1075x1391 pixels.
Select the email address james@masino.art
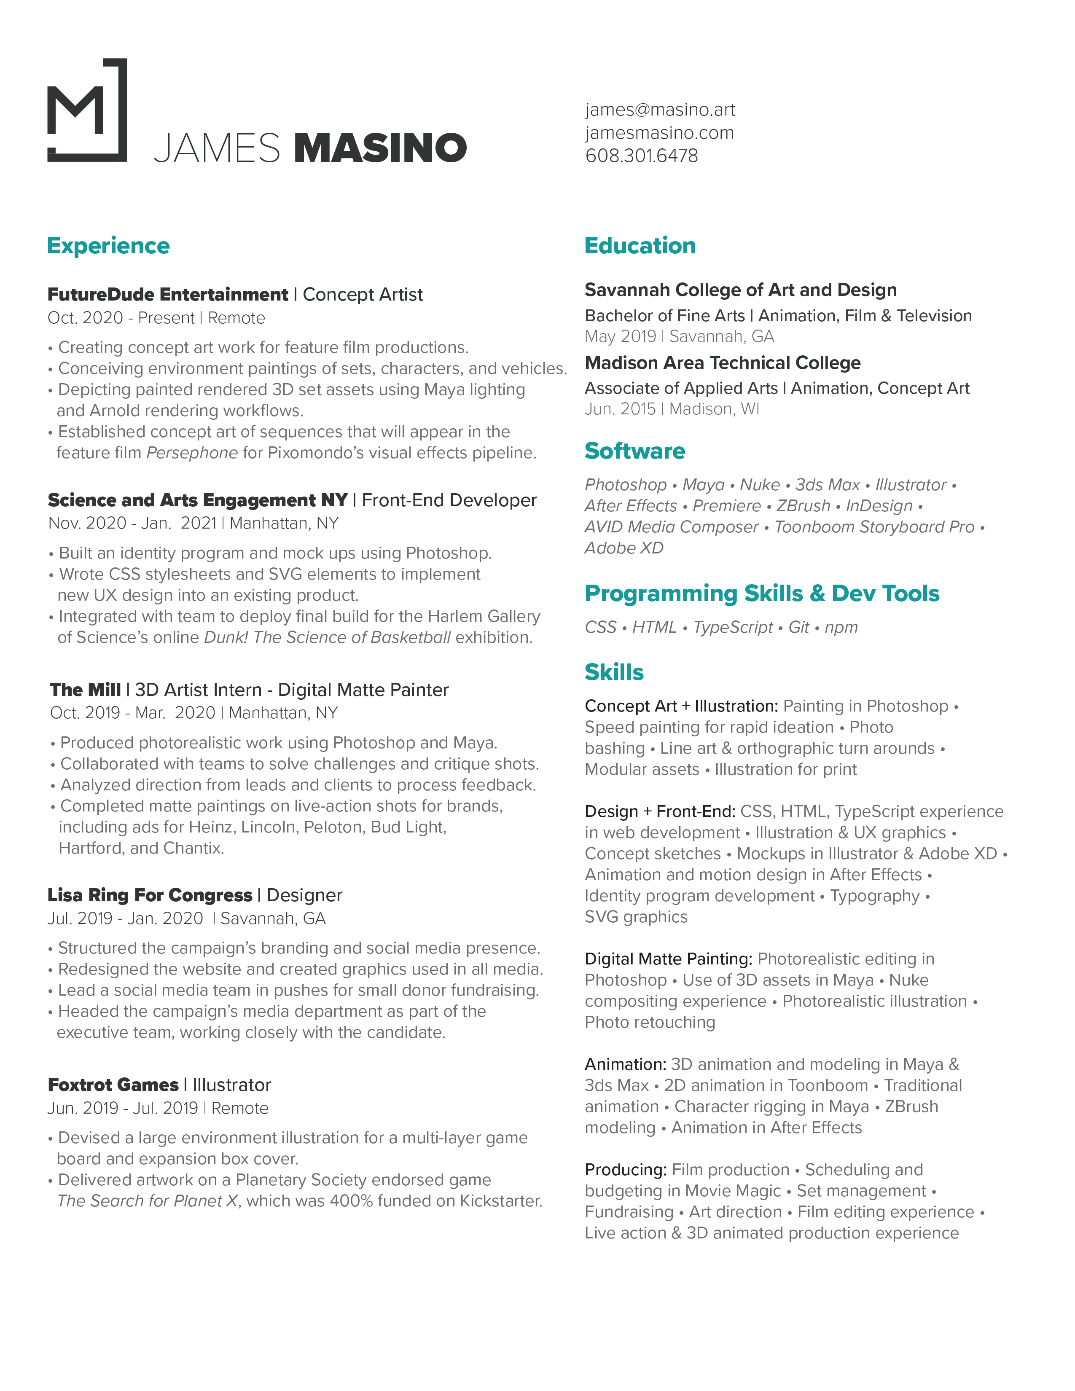660,110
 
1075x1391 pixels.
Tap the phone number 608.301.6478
641,156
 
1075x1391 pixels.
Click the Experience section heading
108,246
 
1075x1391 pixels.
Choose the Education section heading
640,246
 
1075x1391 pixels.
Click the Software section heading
635,451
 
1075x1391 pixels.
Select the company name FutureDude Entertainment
167,294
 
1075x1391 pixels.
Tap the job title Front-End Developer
449,500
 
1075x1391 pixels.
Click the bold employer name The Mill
85,690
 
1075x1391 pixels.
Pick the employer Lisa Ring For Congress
150,895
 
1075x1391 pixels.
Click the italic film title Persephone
192,453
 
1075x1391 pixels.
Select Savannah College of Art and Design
740,290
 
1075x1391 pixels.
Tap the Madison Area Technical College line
722,363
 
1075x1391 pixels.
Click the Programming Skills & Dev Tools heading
762,593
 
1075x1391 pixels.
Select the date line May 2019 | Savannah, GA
679,336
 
